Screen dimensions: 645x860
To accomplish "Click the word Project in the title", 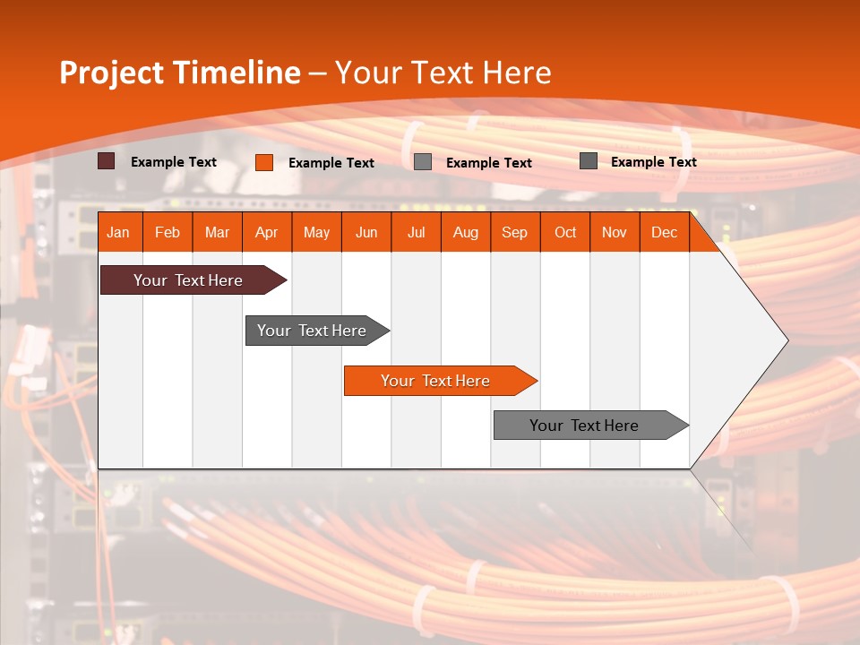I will coord(110,73).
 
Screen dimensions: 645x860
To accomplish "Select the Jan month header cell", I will coord(118,232).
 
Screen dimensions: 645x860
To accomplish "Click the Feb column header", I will coord(168,232).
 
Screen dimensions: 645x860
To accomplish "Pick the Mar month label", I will coord(217,232).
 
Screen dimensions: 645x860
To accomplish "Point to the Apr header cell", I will coord(267,232).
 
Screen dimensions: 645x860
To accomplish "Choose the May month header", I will coord(316,232).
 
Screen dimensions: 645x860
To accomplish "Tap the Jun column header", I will coord(366,232).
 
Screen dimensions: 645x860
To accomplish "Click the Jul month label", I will coord(416,232).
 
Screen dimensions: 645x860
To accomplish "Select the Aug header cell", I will coord(466,232).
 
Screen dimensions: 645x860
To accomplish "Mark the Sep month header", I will coord(515,232).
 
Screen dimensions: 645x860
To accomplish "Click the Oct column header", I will coord(565,232).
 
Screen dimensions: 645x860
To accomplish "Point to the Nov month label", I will coord(615,232).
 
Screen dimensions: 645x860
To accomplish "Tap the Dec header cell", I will coord(665,232).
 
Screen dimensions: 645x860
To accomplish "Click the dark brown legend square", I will coord(107,161).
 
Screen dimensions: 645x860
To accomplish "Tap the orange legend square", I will coord(264,162).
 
